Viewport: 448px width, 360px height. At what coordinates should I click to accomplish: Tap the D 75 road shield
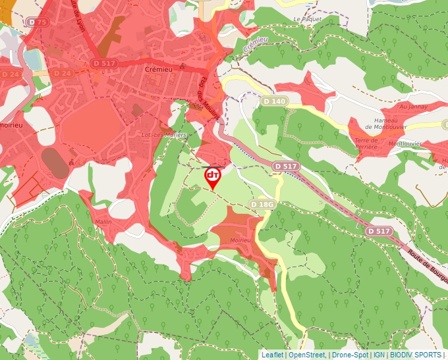click(x=38, y=22)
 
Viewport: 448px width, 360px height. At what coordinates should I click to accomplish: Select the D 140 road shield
click(x=274, y=101)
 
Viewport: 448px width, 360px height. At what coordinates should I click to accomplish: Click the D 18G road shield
click(x=262, y=205)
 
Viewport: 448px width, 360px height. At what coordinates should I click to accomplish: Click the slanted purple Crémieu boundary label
click(x=257, y=45)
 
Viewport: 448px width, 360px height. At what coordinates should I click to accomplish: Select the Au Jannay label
click(x=413, y=106)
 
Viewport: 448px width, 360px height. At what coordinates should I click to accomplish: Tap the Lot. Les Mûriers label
click(x=165, y=134)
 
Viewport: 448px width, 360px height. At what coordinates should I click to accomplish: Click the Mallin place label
click(x=103, y=222)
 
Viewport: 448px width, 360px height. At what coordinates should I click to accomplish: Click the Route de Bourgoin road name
click(x=427, y=266)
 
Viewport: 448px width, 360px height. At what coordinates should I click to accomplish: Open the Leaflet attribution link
click(x=273, y=355)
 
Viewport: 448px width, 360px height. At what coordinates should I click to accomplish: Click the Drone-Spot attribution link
click(x=350, y=355)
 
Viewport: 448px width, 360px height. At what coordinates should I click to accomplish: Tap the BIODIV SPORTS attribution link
click(x=415, y=355)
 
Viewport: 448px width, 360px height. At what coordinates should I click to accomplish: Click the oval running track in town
click(x=55, y=163)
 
